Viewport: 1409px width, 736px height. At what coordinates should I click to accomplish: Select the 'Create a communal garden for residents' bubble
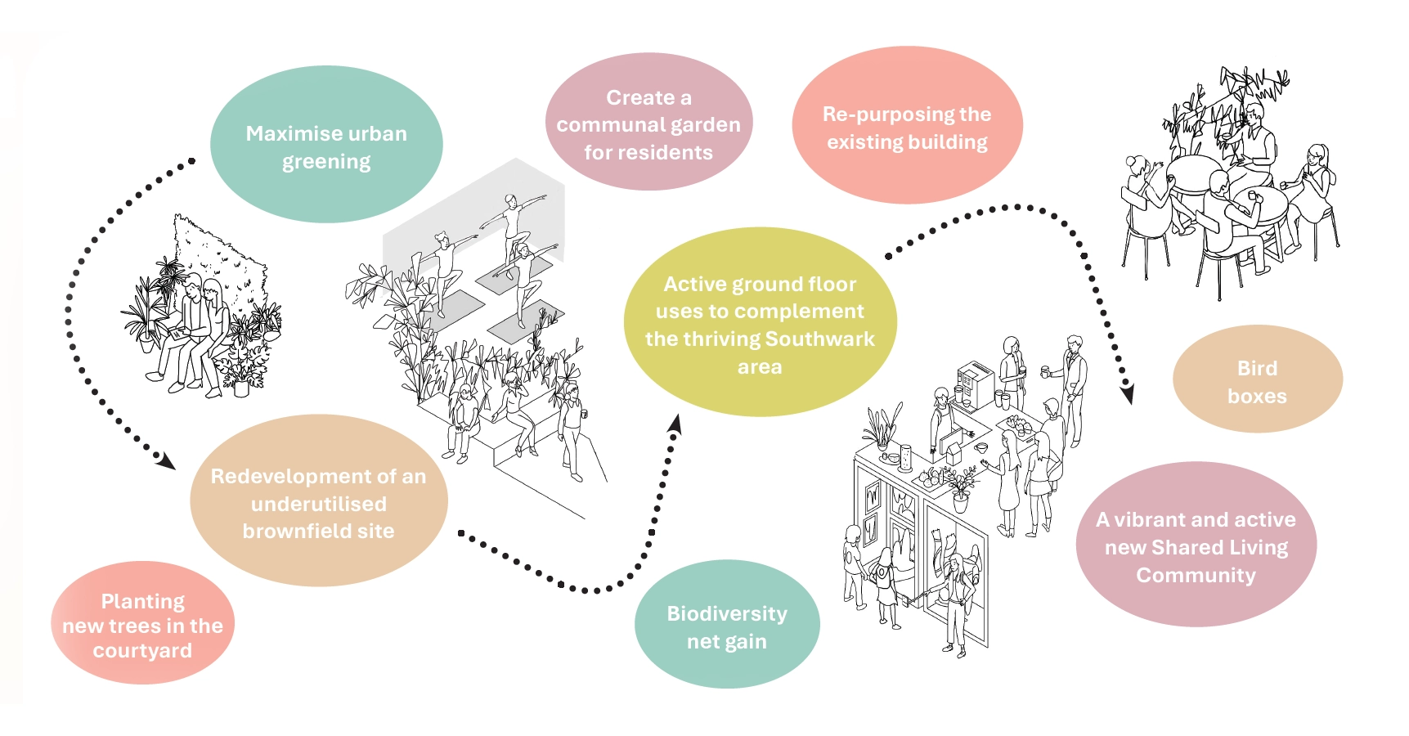coord(648,123)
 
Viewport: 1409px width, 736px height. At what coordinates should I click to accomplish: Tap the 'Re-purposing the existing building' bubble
coord(907,126)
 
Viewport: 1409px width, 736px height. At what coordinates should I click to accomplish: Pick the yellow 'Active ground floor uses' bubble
coord(760,323)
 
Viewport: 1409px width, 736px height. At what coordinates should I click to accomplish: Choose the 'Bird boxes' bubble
coord(1257,380)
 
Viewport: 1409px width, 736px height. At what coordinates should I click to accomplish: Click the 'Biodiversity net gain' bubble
coord(727,626)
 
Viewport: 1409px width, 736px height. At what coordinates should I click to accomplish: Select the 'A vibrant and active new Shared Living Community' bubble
coord(1196,545)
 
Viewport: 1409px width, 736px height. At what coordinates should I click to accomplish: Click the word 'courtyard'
coord(142,651)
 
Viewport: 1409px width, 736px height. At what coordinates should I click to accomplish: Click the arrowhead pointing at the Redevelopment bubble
coord(167,462)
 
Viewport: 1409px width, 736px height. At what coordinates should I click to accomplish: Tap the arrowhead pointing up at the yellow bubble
coord(675,422)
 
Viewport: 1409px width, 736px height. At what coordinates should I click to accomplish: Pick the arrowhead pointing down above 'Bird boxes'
coord(1128,394)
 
